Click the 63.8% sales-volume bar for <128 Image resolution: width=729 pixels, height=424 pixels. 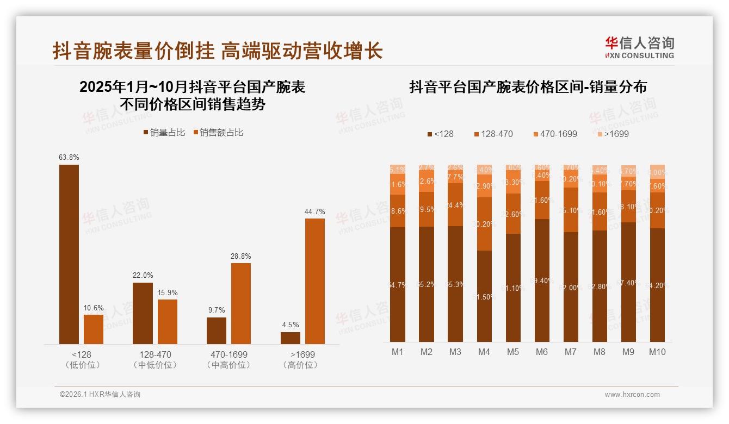69,254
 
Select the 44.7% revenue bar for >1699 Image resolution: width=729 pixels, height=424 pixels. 314,281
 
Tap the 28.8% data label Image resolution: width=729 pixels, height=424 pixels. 241,256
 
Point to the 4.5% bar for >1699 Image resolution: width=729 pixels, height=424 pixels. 291,338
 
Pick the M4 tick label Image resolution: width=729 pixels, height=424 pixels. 484,352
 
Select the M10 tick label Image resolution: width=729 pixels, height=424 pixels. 657,352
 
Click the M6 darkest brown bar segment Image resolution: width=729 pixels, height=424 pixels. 542,280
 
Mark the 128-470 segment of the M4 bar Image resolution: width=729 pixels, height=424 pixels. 484,223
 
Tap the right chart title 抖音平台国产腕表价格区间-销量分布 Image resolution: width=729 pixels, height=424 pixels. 527,87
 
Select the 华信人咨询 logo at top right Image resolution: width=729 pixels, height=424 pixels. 639,47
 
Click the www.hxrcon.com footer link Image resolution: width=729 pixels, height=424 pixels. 632,395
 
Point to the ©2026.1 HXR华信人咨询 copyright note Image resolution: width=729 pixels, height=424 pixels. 100,395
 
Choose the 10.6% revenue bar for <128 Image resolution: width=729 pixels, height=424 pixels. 94,329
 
